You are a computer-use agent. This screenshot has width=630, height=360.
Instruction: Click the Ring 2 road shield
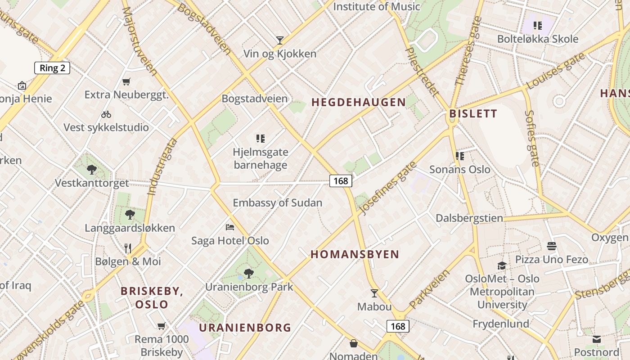(52, 68)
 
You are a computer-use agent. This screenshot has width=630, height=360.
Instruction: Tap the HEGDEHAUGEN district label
(359, 102)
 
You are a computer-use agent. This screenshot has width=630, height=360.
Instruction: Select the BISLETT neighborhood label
(473, 113)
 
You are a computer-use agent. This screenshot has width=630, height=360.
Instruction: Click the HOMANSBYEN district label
(355, 254)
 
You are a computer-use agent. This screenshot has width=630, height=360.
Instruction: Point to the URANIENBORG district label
(245, 328)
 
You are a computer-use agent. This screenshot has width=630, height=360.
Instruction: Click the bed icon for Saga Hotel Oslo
(230, 227)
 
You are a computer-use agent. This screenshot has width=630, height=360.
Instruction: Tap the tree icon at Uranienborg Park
(248, 273)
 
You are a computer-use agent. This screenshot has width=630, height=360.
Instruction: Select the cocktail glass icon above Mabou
(374, 293)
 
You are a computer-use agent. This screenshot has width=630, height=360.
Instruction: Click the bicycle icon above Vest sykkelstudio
(106, 114)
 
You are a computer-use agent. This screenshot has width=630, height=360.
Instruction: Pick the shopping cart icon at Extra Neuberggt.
(126, 81)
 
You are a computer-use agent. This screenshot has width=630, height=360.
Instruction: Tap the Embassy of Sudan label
(277, 203)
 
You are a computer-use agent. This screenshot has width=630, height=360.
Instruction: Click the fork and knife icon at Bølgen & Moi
(128, 248)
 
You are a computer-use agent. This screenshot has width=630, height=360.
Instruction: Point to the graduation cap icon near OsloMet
(502, 265)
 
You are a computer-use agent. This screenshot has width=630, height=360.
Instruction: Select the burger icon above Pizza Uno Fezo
(552, 246)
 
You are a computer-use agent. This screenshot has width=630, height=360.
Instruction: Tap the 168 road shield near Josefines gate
(341, 181)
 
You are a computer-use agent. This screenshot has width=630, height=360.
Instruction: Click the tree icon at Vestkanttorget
(92, 170)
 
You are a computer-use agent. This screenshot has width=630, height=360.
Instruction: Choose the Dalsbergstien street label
(469, 218)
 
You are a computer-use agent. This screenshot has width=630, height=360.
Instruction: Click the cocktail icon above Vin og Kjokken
(280, 40)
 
